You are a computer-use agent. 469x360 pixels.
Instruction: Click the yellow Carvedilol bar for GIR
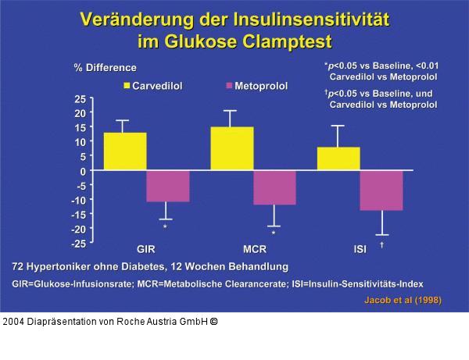pos(125,151)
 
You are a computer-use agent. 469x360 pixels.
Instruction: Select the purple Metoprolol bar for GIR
pos(168,186)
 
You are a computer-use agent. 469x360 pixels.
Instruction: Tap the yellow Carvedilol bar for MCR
pos(232,148)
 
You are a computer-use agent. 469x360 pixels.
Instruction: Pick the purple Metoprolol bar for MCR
pos(274,187)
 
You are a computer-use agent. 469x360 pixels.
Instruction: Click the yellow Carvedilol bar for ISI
pos(338,159)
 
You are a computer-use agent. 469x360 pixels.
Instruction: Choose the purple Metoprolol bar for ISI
pos(381,190)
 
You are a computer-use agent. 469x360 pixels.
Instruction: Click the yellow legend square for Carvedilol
pos(127,85)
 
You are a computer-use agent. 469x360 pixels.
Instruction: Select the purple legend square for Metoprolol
pos(230,85)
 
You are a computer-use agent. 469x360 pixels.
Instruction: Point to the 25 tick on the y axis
pos(81,99)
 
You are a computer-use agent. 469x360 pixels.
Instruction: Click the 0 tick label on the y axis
pos(83,171)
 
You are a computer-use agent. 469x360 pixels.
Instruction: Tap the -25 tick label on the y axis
pos(79,244)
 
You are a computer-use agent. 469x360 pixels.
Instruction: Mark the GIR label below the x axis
pos(146,251)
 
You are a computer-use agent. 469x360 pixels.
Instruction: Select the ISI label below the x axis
pos(360,251)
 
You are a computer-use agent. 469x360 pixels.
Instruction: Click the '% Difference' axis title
pos(105,68)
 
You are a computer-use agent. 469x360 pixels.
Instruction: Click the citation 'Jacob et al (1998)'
pos(403,301)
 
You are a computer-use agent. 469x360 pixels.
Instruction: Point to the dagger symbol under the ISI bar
pos(381,244)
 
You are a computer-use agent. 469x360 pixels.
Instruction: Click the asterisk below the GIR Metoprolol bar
pos(165,227)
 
